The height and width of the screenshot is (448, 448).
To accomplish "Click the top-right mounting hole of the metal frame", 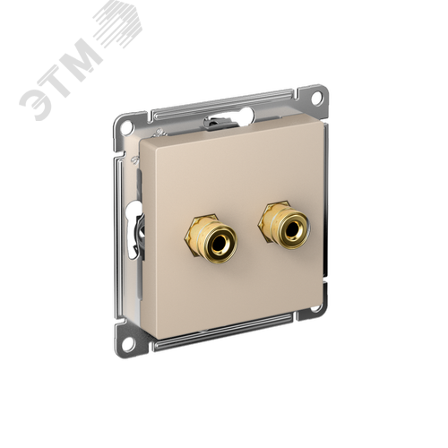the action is tap(317, 96).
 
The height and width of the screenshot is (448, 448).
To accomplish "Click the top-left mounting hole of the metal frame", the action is tap(127, 125).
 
